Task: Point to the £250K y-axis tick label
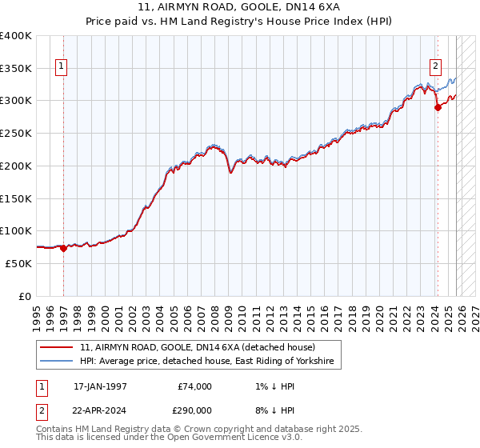[15, 133]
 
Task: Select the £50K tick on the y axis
[18, 263]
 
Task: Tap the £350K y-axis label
[15, 68]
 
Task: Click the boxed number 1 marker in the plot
[62, 66]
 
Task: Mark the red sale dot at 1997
[64, 248]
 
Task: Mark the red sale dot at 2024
[438, 108]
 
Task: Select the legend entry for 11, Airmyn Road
[198, 347]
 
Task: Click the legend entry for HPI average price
[210, 362]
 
